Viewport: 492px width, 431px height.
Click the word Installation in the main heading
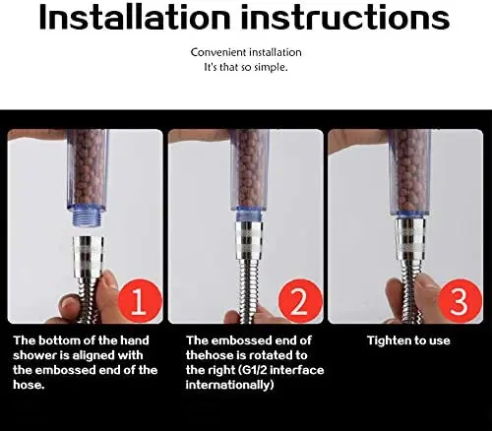[135, 18]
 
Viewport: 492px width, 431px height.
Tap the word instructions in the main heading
[345, 18]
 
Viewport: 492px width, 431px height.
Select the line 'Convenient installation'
[246, 52]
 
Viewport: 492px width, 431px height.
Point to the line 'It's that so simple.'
[246, 67]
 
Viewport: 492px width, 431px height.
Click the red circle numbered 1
[141, 300]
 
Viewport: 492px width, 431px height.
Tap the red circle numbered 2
[300, 300]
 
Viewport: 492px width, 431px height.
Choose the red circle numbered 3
[461, 300]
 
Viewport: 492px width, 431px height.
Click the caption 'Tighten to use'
[408, 340]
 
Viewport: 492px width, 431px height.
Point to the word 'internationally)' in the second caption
[229, 385]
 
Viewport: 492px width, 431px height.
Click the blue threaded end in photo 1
[87, 217]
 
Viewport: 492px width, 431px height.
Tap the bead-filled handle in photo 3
[410, 171]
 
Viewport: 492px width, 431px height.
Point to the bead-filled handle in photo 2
[249, 169]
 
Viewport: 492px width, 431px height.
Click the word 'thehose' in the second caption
[211, 355]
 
